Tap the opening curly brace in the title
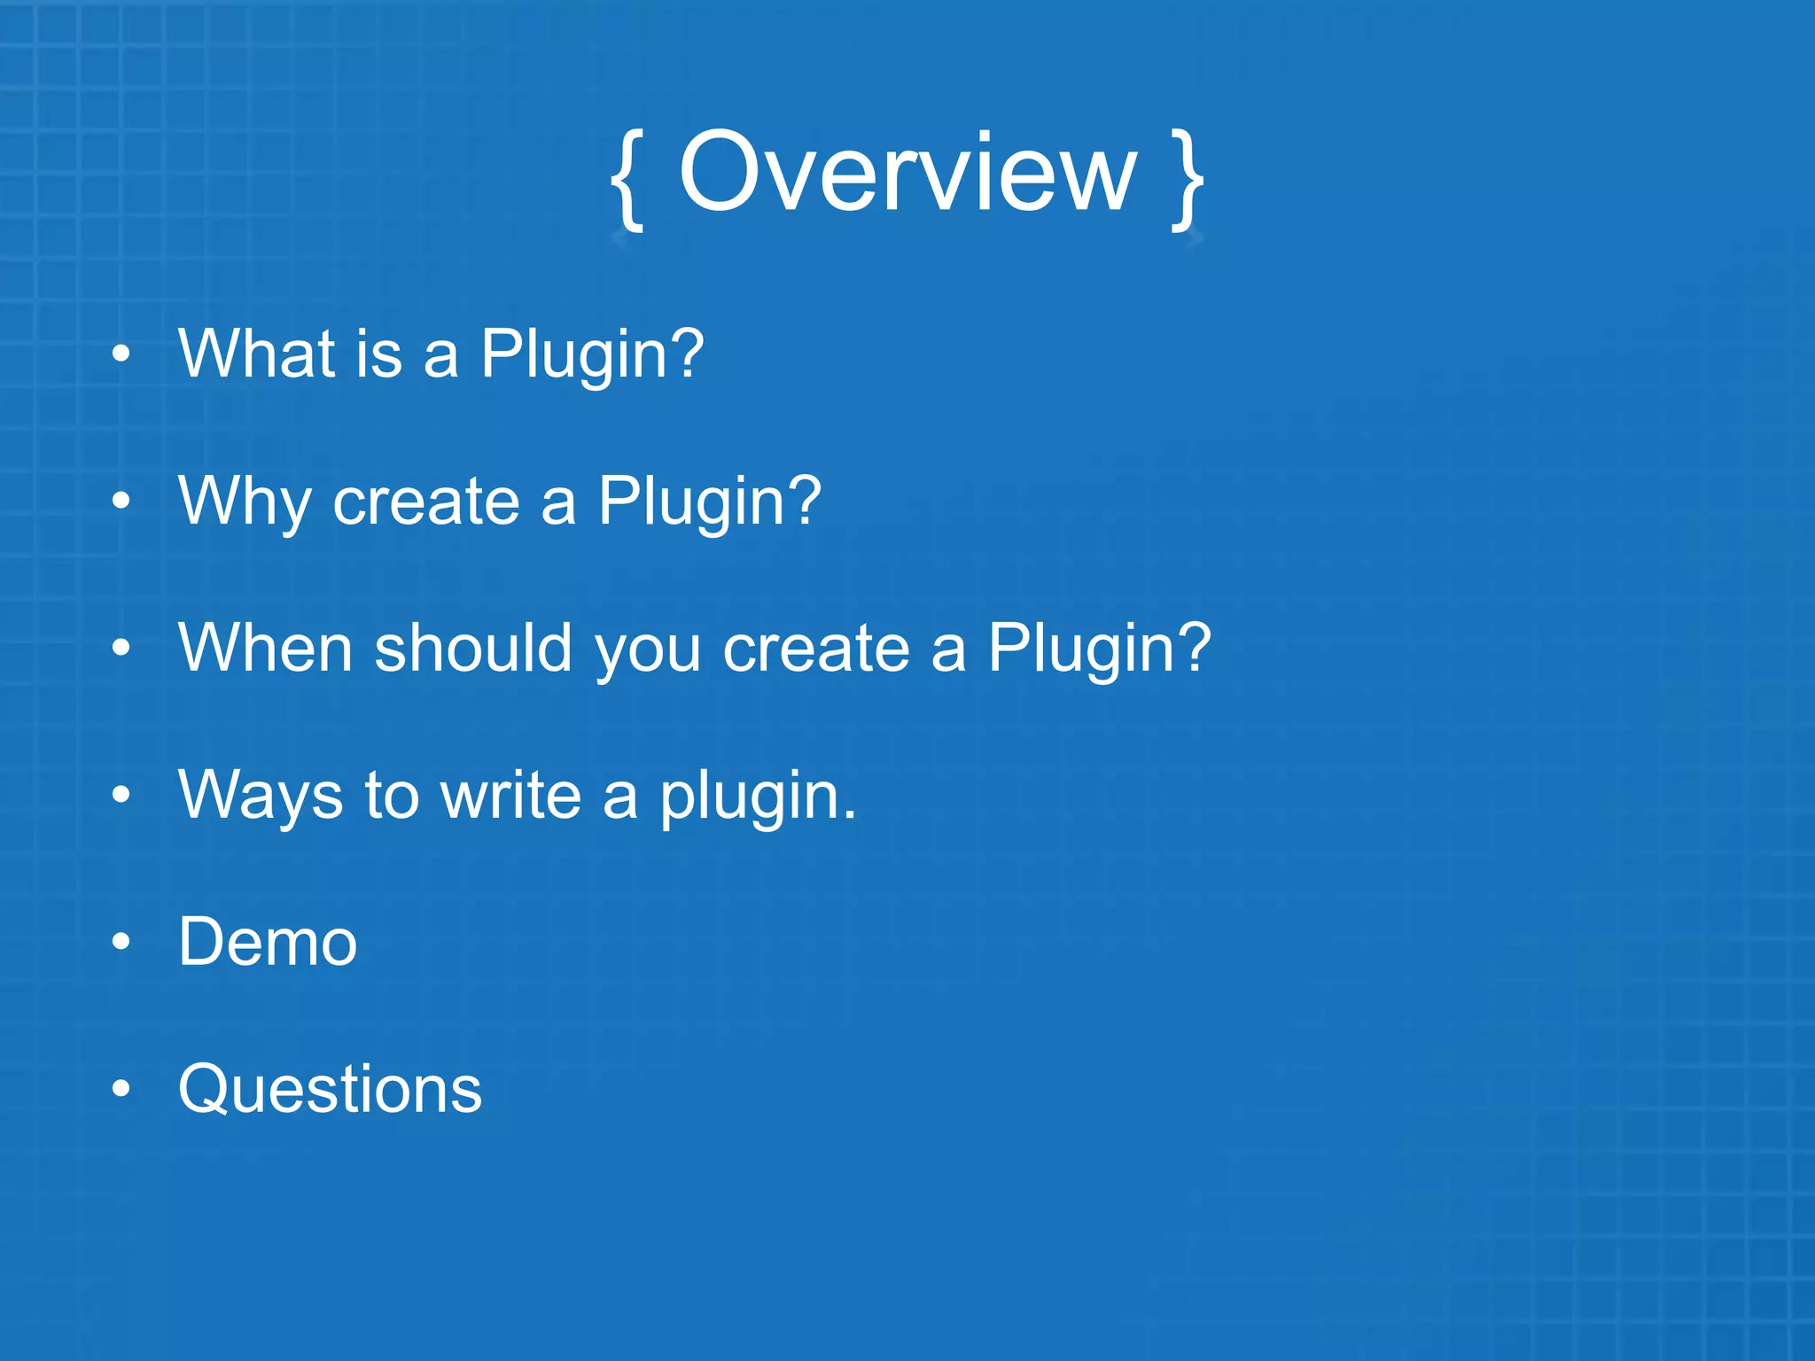coord(627,180)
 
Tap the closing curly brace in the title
coord(1187,180)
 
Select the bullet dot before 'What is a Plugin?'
coord(121,355)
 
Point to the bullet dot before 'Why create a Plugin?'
coord(121,502)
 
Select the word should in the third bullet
coord(473,649)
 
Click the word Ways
coord(260,796)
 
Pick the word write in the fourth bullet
coord(511,796)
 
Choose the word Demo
coord(268,943)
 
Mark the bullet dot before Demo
coord(121,943)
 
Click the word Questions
coord(330,1090)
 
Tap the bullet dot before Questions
coord(121,1090)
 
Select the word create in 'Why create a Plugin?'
coord(426,502)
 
